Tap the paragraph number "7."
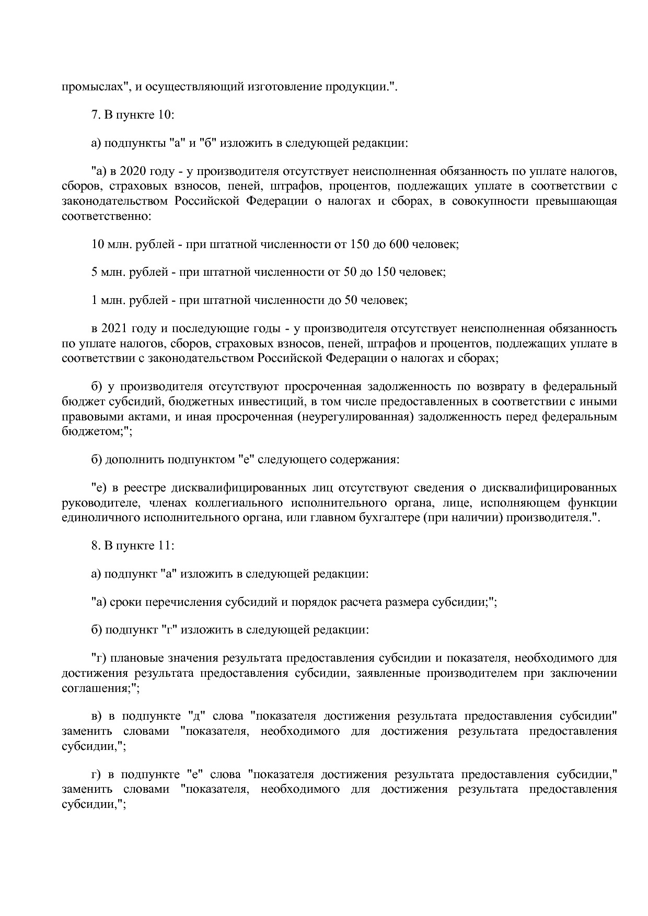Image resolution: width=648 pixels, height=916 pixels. point(96,115)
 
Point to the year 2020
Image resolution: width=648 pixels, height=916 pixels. point(134,171)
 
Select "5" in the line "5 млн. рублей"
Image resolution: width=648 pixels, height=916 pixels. point(94,272)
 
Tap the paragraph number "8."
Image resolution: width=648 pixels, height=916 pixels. point(96,546)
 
